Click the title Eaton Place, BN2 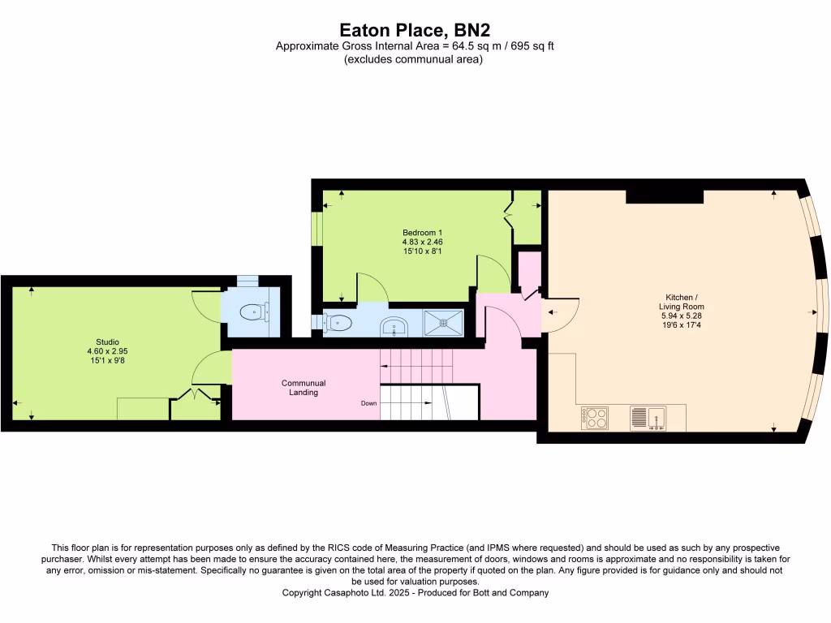coord(415,30)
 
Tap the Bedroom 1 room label coord(422,233)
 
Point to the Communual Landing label coord(304,388)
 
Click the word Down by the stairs coord(369,402)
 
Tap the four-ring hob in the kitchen coord(595,418)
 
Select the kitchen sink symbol coord(648,418)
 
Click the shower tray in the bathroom coord(443,322)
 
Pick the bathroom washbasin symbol coord(394,325)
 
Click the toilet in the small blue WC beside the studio coord(255,309)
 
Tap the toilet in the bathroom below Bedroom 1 coord(338,323)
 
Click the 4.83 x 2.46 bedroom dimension coord(422,242)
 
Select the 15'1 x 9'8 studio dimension coord(107,360)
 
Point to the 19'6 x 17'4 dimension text coord(681,324)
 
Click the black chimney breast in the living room coord(664,195)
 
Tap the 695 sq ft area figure coord(530,46)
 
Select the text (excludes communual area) coord(414,59)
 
